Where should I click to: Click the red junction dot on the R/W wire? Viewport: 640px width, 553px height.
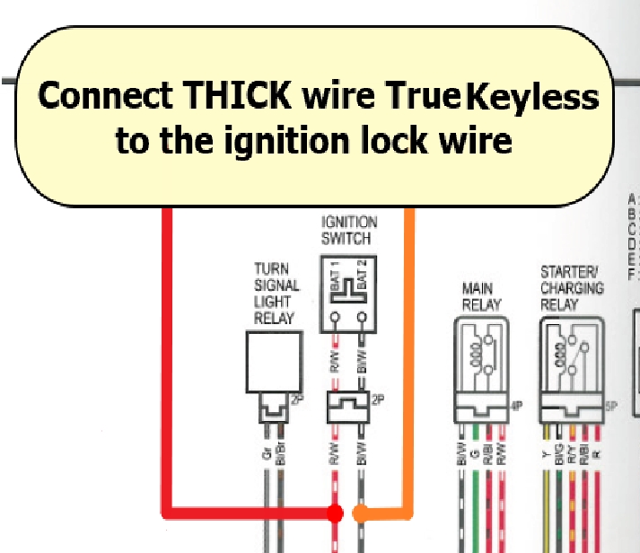tap(335, 513)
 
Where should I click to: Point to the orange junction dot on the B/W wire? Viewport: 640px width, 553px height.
tap(361, 513)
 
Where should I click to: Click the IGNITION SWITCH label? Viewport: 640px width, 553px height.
tap(349, 230)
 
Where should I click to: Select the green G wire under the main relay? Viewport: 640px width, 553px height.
tap(474, 503)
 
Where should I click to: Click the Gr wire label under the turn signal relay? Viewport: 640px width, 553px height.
tap(267, 454)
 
